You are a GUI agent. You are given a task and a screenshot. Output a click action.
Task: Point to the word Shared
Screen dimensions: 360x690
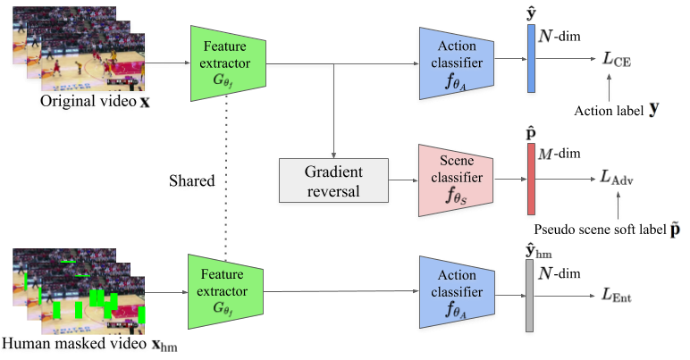pyautogui.click(x=192, y=180)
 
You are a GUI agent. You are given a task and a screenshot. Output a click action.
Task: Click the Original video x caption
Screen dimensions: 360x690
pyautogui.click(x=94, y=102)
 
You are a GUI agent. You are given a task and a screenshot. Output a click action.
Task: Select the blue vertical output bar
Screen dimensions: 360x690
pyautogui.click(x=531, y=59)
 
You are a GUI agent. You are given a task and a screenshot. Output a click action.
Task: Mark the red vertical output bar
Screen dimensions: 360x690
pyautogui.click(x=531, y=179)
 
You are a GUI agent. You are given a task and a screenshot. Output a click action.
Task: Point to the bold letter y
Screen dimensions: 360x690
pyautogui.click(x=654, y=109)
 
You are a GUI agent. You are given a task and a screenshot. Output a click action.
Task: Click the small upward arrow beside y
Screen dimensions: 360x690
pyautogui.click(x=608, y=88)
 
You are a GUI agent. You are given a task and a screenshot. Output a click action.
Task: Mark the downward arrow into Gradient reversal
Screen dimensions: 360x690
pyautogui.click(x=332, y=112)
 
